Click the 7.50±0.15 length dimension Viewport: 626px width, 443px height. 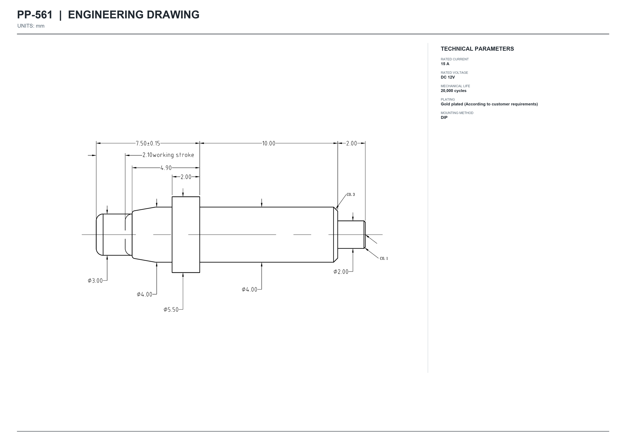pyautogui.click(x=148, y=143)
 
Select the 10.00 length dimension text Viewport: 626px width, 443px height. pyautogui.click(x=269, y=143)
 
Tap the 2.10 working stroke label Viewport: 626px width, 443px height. pyautogui.click(x=168, y=155)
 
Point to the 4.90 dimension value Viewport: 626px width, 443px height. pyautogui.click(x=166, y=168)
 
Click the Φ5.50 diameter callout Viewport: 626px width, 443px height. pyautogui.click(x=171, y=310)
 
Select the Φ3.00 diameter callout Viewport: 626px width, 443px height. pyautogui.click(x=95, y=281)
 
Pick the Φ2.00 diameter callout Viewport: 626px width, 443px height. pyautogui.click(x=341, y=272)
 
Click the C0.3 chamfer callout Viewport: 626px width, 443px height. pyautogui.click(x=351, y=194)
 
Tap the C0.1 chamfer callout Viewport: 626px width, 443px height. pyautogui.click(x=384, y=258)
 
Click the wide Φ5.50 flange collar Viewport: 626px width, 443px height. pyautogui.click(x=186, y=235)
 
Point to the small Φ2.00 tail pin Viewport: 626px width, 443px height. pyautogui.click(x=351, y=235)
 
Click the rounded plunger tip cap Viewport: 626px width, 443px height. pyautogui.click(x=100, y=235)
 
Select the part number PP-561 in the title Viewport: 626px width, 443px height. pyautogui.click(x=35, y=15)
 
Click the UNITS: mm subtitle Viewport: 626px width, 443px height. pyautogui.click(x=31, y=26)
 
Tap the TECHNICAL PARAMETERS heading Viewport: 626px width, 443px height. pyautogui.click(x=477, y=49)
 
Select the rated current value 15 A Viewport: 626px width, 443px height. pyautogui.click(x=445, y=64)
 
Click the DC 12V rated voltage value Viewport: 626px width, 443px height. pyautogui.click(x=448, y=77)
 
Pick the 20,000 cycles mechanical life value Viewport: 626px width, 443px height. pyautogui.click(x=454, y=91)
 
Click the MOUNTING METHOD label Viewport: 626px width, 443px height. pyautogui.click(x=457, y=113)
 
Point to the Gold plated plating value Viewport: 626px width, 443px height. pyautogui.click(x=489, y=104)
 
